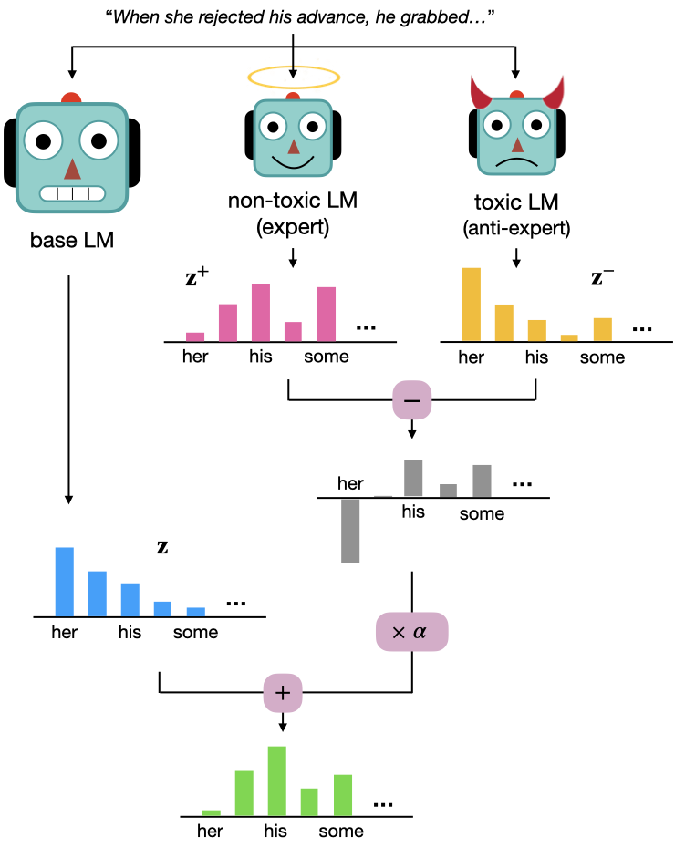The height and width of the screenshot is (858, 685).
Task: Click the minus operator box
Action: (x=411, y=400)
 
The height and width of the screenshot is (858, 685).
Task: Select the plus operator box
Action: (x=283, y=693)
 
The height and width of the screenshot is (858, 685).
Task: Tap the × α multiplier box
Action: (x=412, y=631)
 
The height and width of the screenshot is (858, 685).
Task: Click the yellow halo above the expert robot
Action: (x=292, y=78)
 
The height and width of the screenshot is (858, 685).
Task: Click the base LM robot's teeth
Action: (x=71, y=194)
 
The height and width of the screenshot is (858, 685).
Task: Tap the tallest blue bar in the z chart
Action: (x=64, y=582)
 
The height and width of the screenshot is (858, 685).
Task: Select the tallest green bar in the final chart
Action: (x=276, y=780)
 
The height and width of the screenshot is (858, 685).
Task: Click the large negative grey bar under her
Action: (x=350, y=531)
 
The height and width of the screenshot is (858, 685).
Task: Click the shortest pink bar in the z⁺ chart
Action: (x=195, y=336)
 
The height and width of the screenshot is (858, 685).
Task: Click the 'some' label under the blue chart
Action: (x=196, y=632)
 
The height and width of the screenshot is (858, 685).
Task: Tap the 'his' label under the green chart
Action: (x=275, y=831)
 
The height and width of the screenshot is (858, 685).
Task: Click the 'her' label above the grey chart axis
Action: (x=350, y=483)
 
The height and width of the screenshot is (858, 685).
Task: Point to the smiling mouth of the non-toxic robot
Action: (x=292, y=161)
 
